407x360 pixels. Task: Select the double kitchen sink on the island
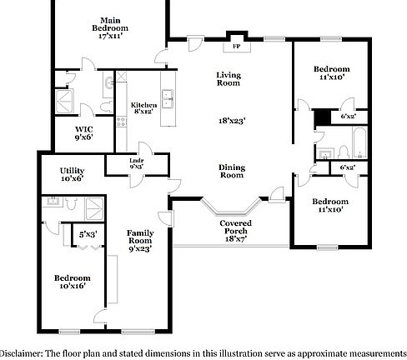[x=169, y=97]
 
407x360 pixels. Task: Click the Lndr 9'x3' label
[x=136, y=165]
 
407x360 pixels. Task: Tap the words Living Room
[x=229, y=79]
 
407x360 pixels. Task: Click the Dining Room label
[x=232, y=172]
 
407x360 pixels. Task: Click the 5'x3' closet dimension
[x=87, y=235]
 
